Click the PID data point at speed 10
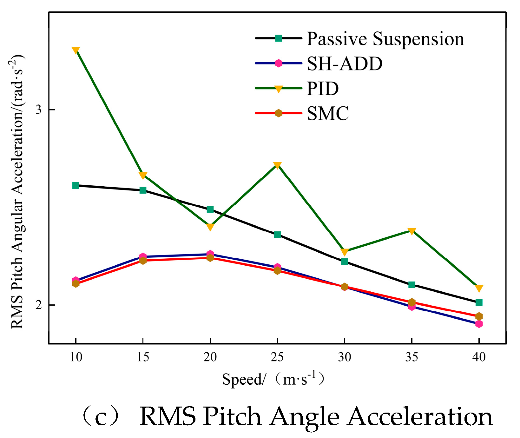[x=76, y=50]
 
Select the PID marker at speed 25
[x=277, y=165]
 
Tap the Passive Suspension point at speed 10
[x=76, y=185]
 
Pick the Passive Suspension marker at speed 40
[x=479, y=302]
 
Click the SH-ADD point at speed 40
[x=479, y=324]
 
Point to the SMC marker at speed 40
[x=479, y=316]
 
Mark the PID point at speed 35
[x=412, y=231]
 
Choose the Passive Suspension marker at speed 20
[x=210, y=209]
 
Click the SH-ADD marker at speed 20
[x=210, y=254]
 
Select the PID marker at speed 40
[x=479, y=289]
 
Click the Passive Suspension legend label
[x=385, y=39]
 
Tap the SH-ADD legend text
[x=345, y=63]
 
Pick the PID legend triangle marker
[x=279, y=89]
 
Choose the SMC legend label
[x=328, y=113]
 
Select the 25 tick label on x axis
[x=277, y=357]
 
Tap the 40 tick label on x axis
[x=479, y=357]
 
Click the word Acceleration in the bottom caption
[x=420, y=417]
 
